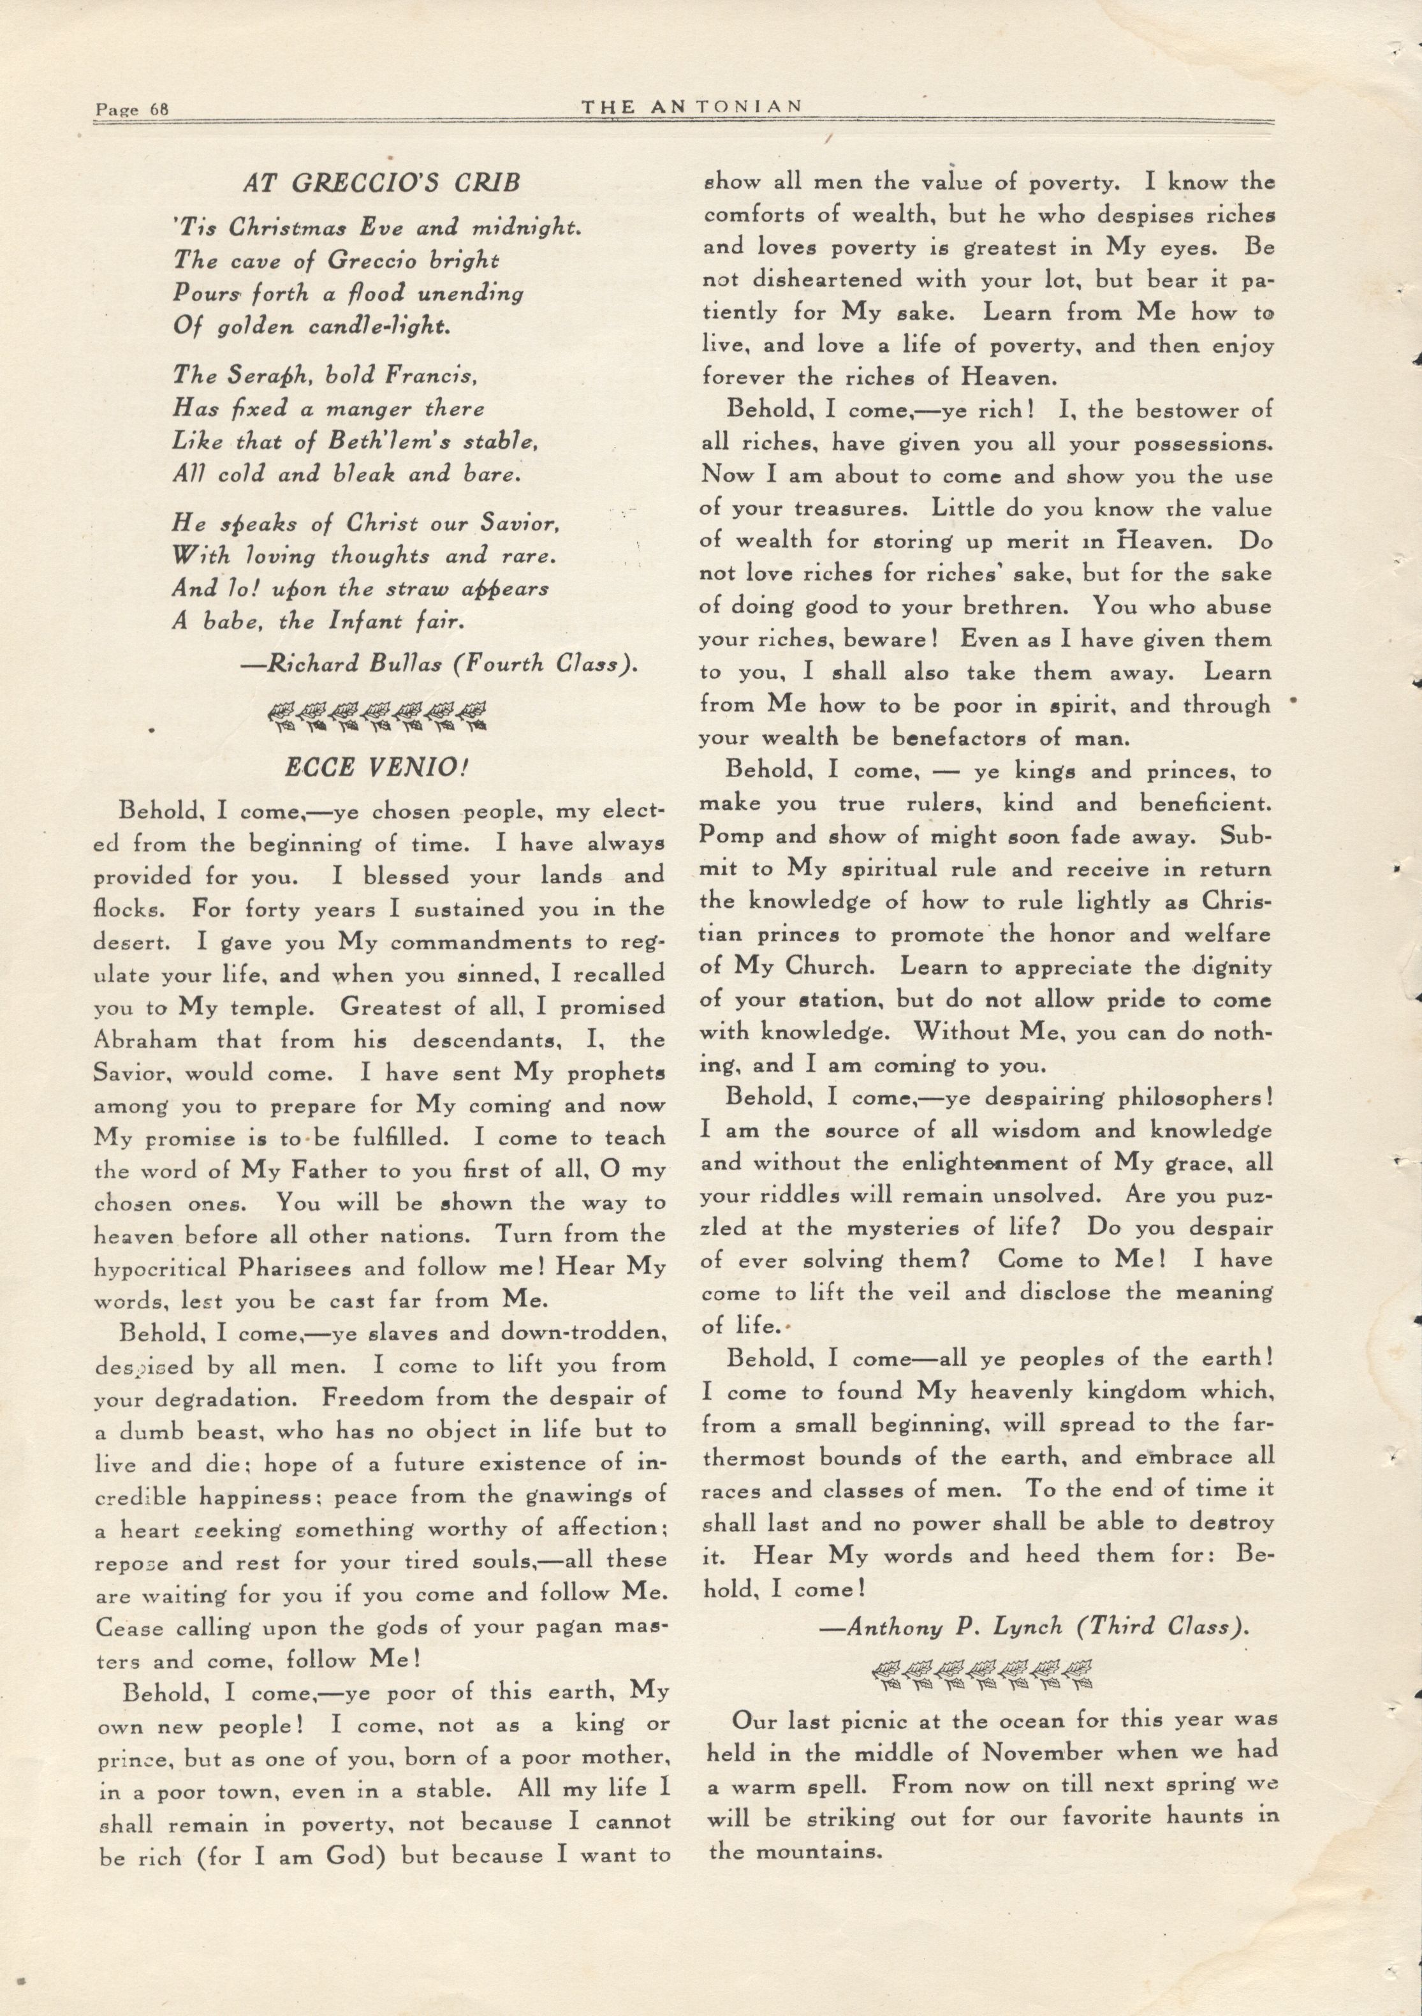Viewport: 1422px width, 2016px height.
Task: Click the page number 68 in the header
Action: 158,110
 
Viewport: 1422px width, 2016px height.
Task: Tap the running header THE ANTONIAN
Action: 692,107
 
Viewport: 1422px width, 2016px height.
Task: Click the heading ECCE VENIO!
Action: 377,767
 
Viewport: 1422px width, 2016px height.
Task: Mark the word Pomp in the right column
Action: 730,836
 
